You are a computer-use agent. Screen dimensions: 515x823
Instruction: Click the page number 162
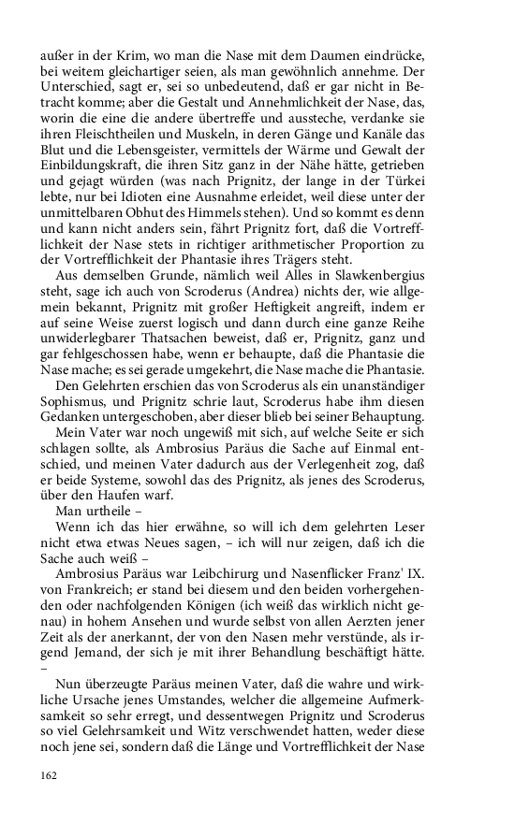point(50,774)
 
